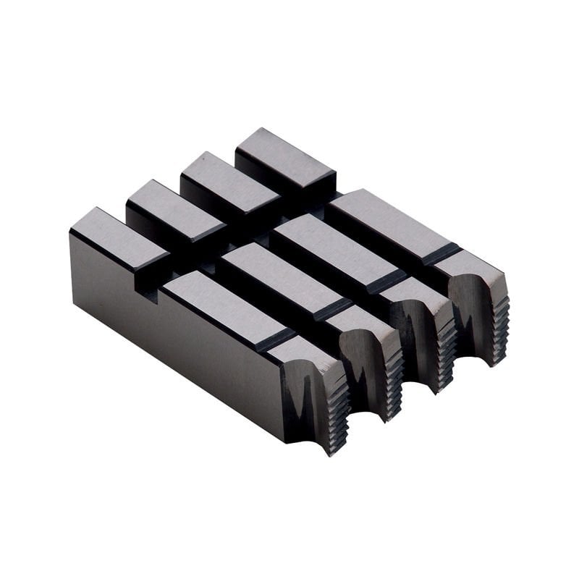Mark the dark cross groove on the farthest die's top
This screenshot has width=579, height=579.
click(x=442, y=254)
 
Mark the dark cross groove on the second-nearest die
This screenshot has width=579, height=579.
click(x=333, y=311)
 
